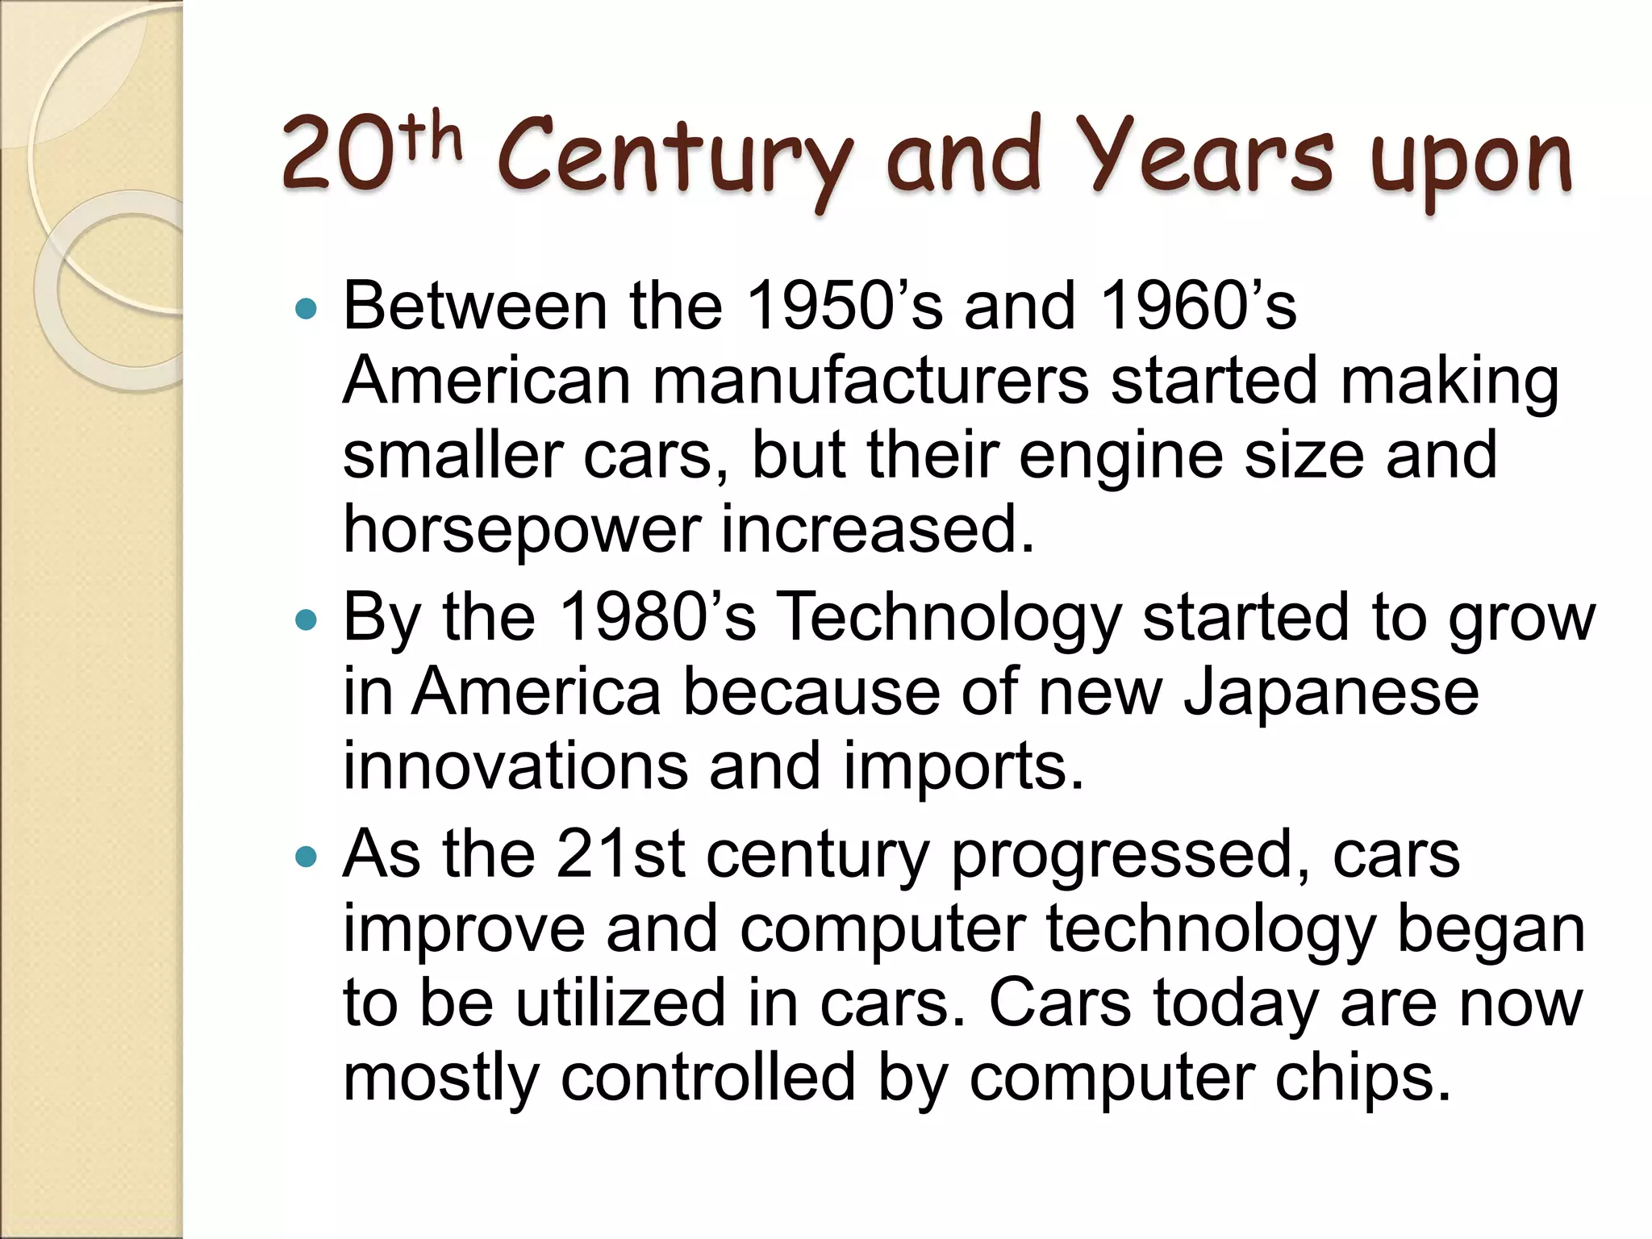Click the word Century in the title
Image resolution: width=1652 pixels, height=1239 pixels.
click(x=674, y=160)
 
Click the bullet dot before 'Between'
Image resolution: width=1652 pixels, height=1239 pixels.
click(x=307, y=308)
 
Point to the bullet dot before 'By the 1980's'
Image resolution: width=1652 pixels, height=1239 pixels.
click(x=307, y=619)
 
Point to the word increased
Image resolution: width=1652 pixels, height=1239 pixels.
click(x=877, y=529)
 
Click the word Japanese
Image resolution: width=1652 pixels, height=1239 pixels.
click(x=1331, y=694)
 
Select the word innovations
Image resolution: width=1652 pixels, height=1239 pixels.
click(x=515, y=766)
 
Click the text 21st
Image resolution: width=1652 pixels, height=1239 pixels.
click(x=620, y=854)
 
